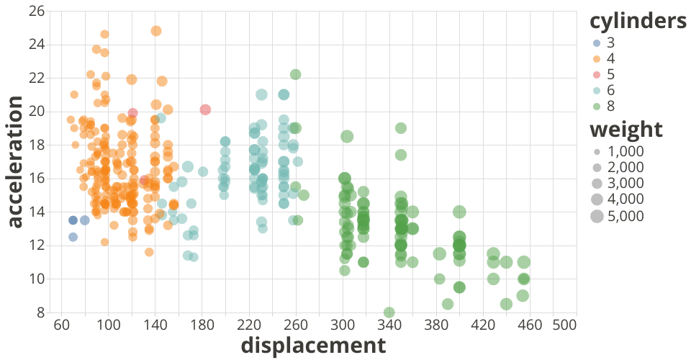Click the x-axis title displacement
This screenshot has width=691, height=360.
[x=313, y=346]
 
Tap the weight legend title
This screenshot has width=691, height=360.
[x=625, y=130]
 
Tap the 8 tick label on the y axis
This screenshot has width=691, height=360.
[x=42, y=312]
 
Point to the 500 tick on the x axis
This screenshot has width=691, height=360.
[x=566, y=325]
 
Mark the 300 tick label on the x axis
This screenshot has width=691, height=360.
[x=343, y=325]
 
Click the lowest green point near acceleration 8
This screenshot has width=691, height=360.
[x=389, y=312]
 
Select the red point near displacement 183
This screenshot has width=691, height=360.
[x=205, y=109]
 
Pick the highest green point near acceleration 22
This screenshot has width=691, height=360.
[x=295, y=74]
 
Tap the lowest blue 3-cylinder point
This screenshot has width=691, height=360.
[x=73, y=237]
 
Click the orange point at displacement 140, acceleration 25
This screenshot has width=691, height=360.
[x=156, y=31]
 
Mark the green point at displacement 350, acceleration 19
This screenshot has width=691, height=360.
[x=401, y=128]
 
